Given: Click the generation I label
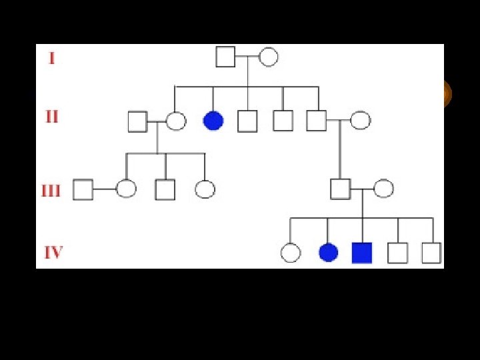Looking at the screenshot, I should (51, 58).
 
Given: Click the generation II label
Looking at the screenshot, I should (51, 117).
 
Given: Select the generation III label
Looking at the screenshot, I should (51, 191).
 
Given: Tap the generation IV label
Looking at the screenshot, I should (53, 253).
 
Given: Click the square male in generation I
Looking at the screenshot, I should (225, 57).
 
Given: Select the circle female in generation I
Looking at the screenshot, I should (268, 57).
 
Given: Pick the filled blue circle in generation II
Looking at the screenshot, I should (213, 121).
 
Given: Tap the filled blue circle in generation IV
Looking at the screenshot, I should (328, 253).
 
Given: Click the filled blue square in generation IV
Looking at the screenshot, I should (361, 253).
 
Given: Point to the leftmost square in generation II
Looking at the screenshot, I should (137, 121).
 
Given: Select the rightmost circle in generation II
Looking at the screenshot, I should (360, 121).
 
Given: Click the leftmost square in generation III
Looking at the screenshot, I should (83, 189).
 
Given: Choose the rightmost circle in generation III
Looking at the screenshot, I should (383, 189).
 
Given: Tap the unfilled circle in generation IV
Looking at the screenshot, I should (291, 253).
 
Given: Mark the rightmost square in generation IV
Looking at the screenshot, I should (431, 253).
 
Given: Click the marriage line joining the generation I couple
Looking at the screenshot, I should (247, 57).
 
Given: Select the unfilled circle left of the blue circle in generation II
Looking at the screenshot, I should (175, 121).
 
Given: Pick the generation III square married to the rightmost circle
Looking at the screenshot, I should (341, 189).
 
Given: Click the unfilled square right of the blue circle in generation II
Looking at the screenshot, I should (247, 121).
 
